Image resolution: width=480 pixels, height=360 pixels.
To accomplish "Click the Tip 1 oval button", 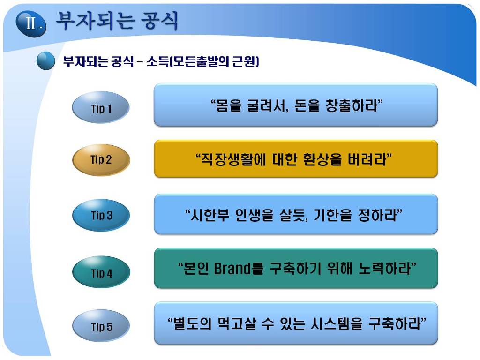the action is pyautogui.click(x=101, y=107).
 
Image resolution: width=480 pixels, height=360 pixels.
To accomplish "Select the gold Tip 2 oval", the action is pyautogui.click(x=101, y=160).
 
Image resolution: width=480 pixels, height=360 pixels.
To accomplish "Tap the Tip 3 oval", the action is pyautogui.click(x=101, y=215).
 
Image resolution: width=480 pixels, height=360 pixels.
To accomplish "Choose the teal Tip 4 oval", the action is pyautogui.click(x=101, y=272).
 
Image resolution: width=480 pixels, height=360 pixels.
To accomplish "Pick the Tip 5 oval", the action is pyautogui.click(x=101, y=326).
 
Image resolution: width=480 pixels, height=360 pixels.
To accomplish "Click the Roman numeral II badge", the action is pyautogui.click(x=31, y=24).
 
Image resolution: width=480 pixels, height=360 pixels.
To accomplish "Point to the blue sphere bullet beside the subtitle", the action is pyautogui.click(x=45, y=60).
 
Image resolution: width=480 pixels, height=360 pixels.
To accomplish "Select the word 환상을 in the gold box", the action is pyautogui.click(x=322, y=159).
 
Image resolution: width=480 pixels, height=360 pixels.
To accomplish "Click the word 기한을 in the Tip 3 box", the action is pyautogui.click(x=332, y=215).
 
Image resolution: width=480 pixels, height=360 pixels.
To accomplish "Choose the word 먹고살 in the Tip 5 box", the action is pyautogui.click(x=237, y=323).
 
